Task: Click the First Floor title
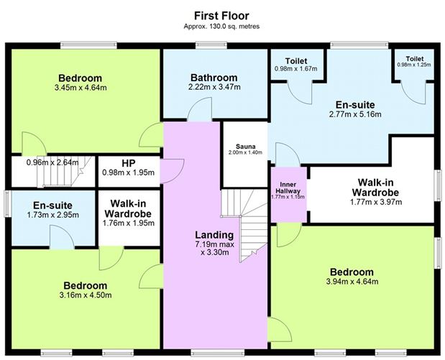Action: click(x=221, y=14)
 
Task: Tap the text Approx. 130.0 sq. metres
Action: click(x=221, y=26)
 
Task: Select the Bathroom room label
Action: click(x=214, y=78)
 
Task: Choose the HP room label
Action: click(x=127, y=163)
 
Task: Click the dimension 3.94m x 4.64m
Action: click(x=352, y=282)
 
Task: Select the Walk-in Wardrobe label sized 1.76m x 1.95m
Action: click(x=127, y=209)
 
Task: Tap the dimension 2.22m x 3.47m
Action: click(x=214, y=88)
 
